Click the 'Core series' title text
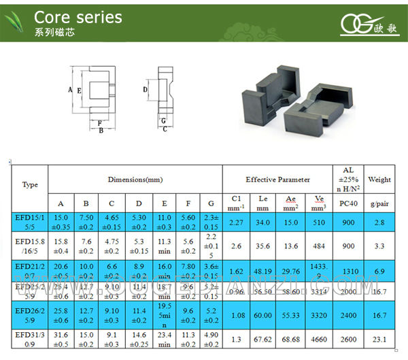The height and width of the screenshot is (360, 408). point(78,17)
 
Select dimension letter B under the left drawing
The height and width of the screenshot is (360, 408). point(101,131)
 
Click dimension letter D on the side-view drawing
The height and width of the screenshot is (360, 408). point(146,89)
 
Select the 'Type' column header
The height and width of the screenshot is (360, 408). point(30,184)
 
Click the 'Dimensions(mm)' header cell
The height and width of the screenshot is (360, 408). point(135,180)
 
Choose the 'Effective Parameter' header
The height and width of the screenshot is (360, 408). point(277,180)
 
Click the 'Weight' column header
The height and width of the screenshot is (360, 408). point(379,180)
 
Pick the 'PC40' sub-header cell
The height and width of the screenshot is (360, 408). point(349,203)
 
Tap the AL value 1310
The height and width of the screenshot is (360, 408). point(349,272)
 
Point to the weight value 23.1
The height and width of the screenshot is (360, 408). point(379,339)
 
